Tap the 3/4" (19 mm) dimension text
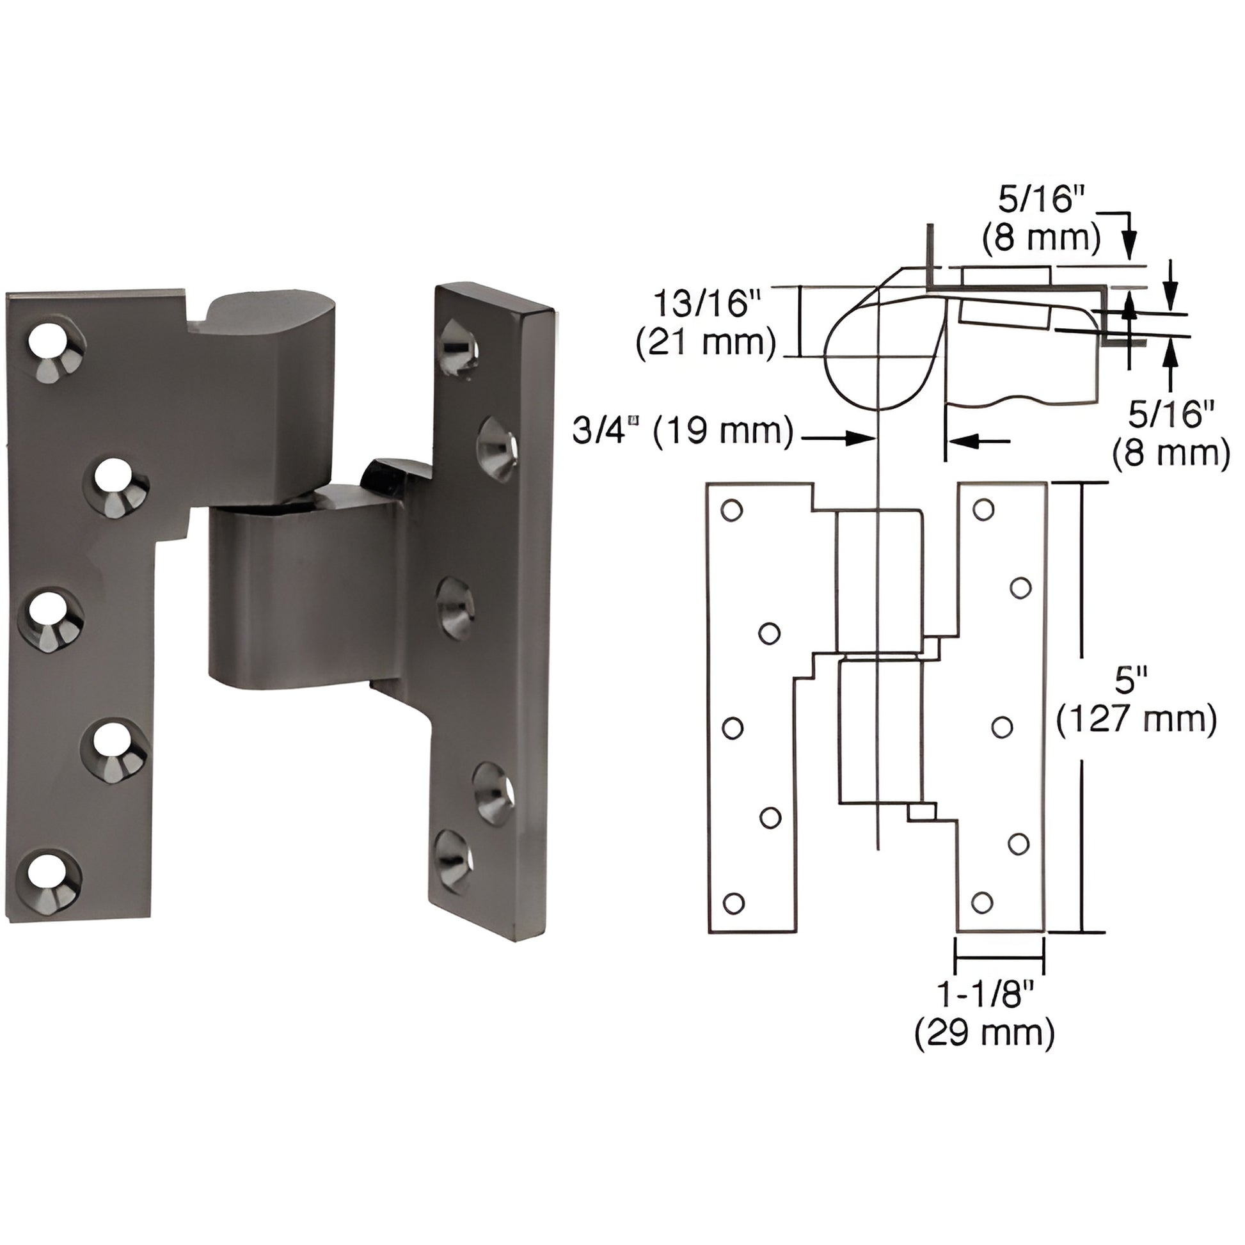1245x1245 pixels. tap(683, 431)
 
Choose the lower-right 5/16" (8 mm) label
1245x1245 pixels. tap(1170, 433)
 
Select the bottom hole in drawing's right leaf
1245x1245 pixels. tap(981, 902)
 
